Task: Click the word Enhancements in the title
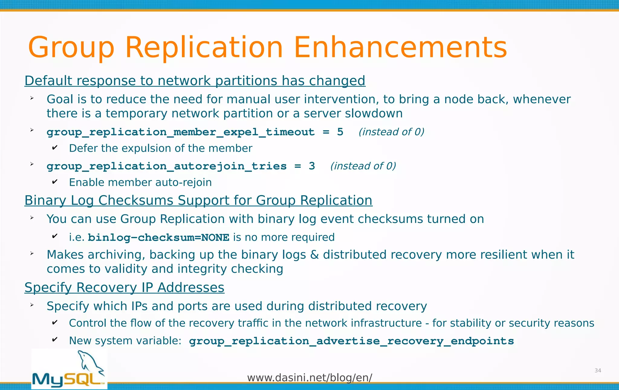click(400, 48)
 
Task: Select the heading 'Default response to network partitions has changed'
click(195, 81)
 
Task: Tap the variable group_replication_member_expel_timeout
click(180, 132)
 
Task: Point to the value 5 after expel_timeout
click(340, 132)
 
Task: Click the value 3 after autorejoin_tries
click(312, 166)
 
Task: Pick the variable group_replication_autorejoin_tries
click(167, 166)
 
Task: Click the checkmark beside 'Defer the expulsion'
click(55, 148)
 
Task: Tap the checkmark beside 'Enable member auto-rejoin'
click(55, 182)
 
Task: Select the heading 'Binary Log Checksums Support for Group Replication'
click(198, 201)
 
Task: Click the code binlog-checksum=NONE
click(158, 237)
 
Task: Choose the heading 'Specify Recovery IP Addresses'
click(124, 288)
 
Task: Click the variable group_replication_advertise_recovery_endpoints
click(351, 341)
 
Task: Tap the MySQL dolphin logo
click(69, 369)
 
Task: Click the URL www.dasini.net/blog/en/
click(309, 378)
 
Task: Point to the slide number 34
click(598, 371)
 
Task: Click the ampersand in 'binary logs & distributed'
click(314, 255)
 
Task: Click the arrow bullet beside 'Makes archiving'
click(32, 253)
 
